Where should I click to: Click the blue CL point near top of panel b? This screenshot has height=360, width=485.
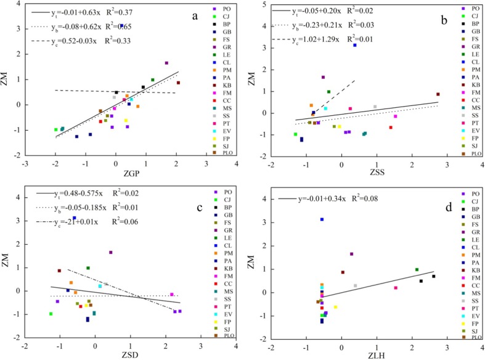pyautogui.click(x=355, y=45)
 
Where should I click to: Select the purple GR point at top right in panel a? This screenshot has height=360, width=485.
pyautogui.click(x=166, y=63)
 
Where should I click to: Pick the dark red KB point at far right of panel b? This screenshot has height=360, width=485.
pyautogui.click(x=438, y=94)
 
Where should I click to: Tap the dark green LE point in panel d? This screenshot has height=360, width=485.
pyautogui.click(x=417, y=269)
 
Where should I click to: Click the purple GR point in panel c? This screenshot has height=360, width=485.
pyautogui.click(x=111, y=252)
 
